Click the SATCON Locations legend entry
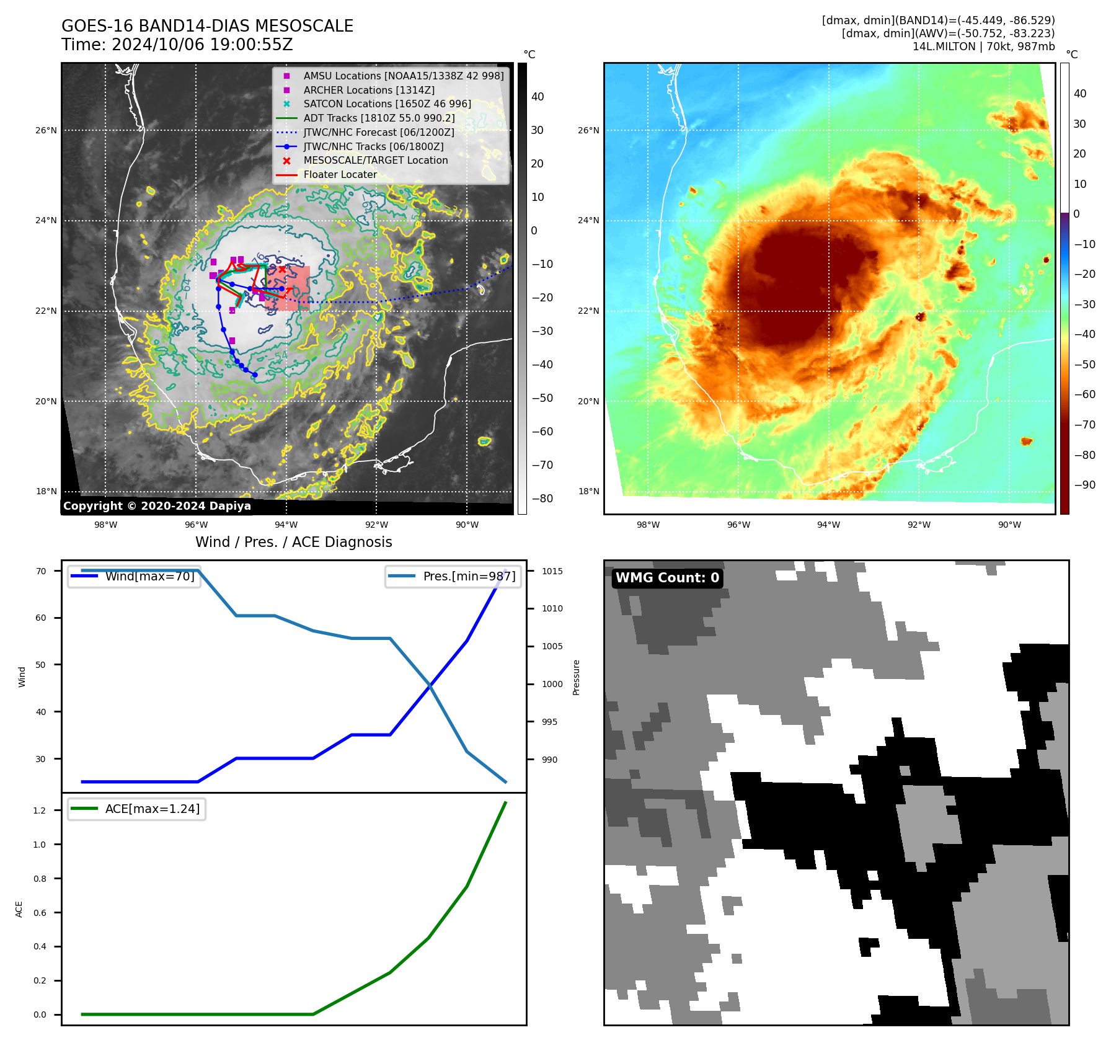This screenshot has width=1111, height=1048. (387, 104)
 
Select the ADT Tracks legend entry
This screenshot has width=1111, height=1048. (379, 118)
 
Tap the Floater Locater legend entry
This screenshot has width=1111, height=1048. (340, 174)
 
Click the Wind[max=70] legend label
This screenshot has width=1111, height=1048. (149, 576)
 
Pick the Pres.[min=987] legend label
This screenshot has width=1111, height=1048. (469, 576)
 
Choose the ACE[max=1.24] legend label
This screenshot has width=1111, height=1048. (152, 809)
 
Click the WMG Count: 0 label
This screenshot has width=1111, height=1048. (667, 578)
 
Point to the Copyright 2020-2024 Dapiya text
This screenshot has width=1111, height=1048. (157, 506)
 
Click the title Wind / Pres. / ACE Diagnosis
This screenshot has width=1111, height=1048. (293, 542)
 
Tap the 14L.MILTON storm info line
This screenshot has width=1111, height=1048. (983, 47)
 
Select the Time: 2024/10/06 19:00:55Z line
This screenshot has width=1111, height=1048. (177, 45)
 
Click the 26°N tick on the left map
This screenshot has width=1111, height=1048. (46, 130)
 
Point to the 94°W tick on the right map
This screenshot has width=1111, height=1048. (828, 525)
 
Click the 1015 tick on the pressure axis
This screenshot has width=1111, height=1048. (552, 571)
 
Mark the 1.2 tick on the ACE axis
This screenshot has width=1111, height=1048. (40, 810)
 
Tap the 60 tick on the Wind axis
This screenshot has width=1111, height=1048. (41, 618)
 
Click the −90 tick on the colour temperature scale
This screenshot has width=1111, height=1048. (1084, 485)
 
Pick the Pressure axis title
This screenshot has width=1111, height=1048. (576, 677)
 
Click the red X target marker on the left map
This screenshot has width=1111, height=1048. (283, 269)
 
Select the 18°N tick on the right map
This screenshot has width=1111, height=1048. (588, 491)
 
